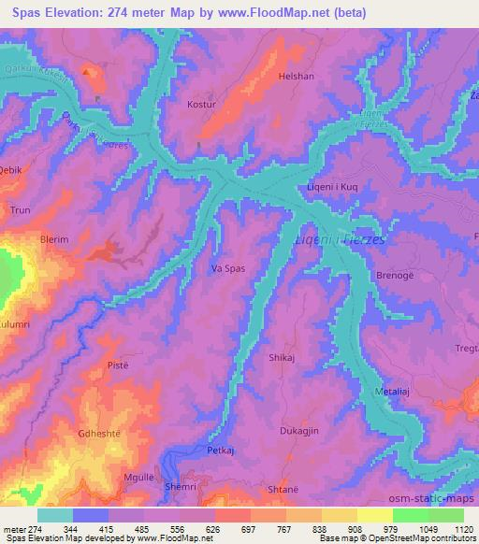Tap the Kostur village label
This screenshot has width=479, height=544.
203,105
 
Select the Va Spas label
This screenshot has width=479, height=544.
227,268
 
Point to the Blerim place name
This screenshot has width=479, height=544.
54,239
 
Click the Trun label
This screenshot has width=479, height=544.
21,211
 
